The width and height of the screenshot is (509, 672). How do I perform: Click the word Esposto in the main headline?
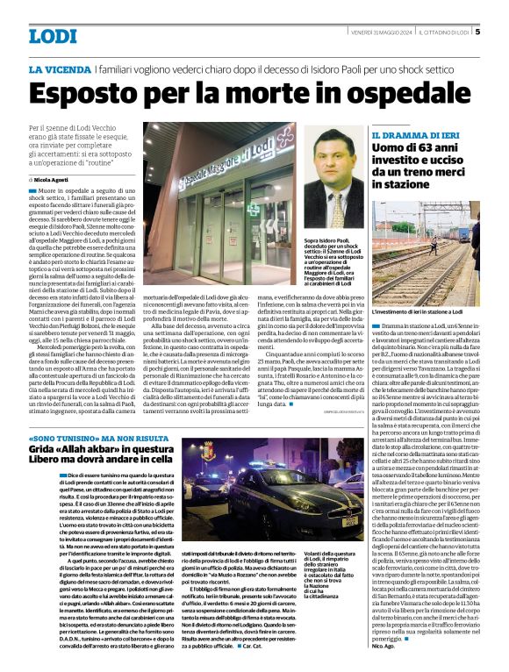pos(96,95)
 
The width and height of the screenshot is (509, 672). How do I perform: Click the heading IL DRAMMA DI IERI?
pos(409,137)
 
